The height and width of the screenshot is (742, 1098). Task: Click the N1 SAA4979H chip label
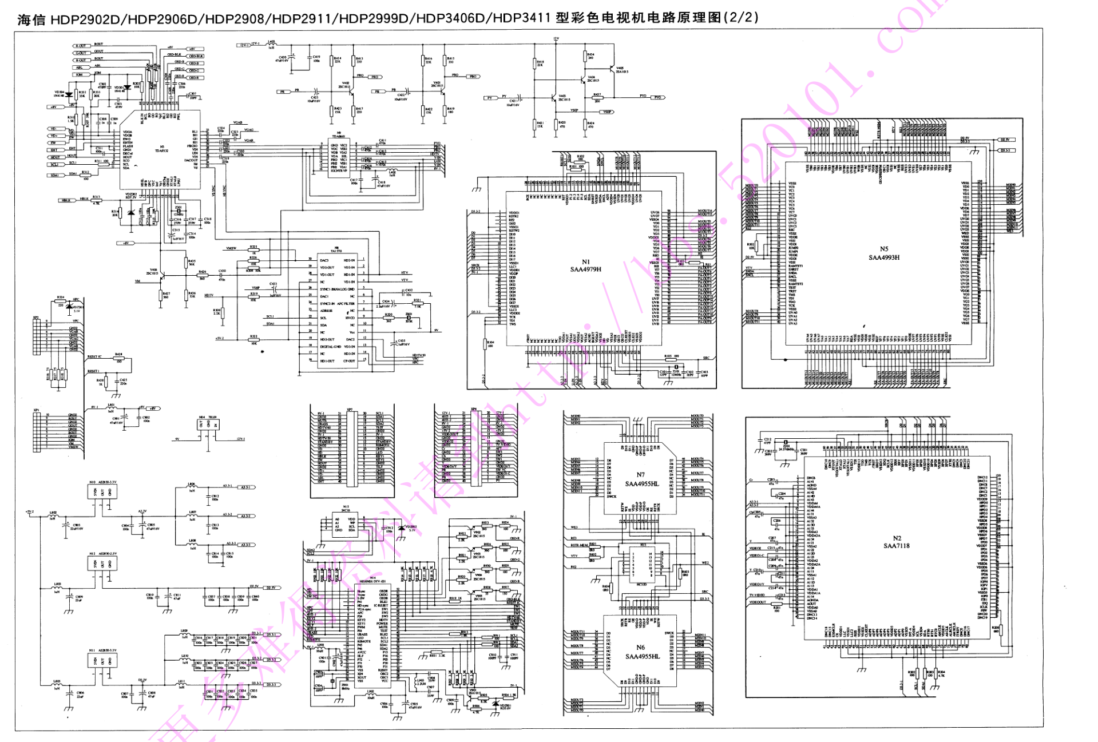[x=585, y=265]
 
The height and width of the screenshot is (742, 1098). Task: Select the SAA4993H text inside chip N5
[x=883, y=257]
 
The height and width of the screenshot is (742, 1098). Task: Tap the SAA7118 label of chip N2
[x=896, y=546]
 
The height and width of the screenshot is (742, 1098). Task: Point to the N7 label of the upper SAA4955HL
[x=640, y=474]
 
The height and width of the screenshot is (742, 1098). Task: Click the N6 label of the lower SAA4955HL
[x=640, y=648]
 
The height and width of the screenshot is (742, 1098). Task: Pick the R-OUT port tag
[x=81, y=46]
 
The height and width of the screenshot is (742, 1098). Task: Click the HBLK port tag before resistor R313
[x=66, y=200]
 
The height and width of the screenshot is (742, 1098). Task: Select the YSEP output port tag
[x=607, y=112]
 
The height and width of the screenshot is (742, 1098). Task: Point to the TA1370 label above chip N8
[x=336, y=251]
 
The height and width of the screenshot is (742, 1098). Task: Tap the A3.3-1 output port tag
[x=246, y=487]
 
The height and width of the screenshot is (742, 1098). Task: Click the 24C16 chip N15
[x=344, y=524]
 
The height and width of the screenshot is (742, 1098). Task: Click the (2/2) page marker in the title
[x=741, y=17]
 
